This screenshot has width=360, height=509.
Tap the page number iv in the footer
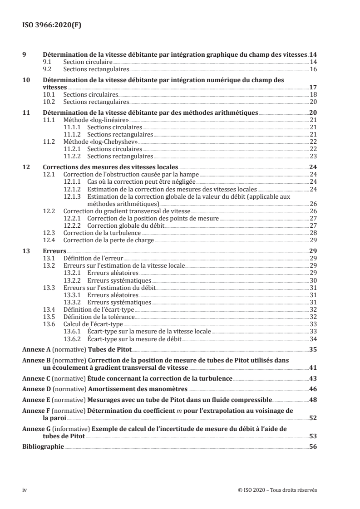coord(25,489)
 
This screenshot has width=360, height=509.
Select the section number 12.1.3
coord(72,196)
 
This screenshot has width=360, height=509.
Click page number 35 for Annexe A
coord(313,349)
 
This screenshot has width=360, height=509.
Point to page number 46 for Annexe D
coord(313,389)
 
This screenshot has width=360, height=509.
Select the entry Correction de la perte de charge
coord(108,240)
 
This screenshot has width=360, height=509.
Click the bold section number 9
coord(25,54)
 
